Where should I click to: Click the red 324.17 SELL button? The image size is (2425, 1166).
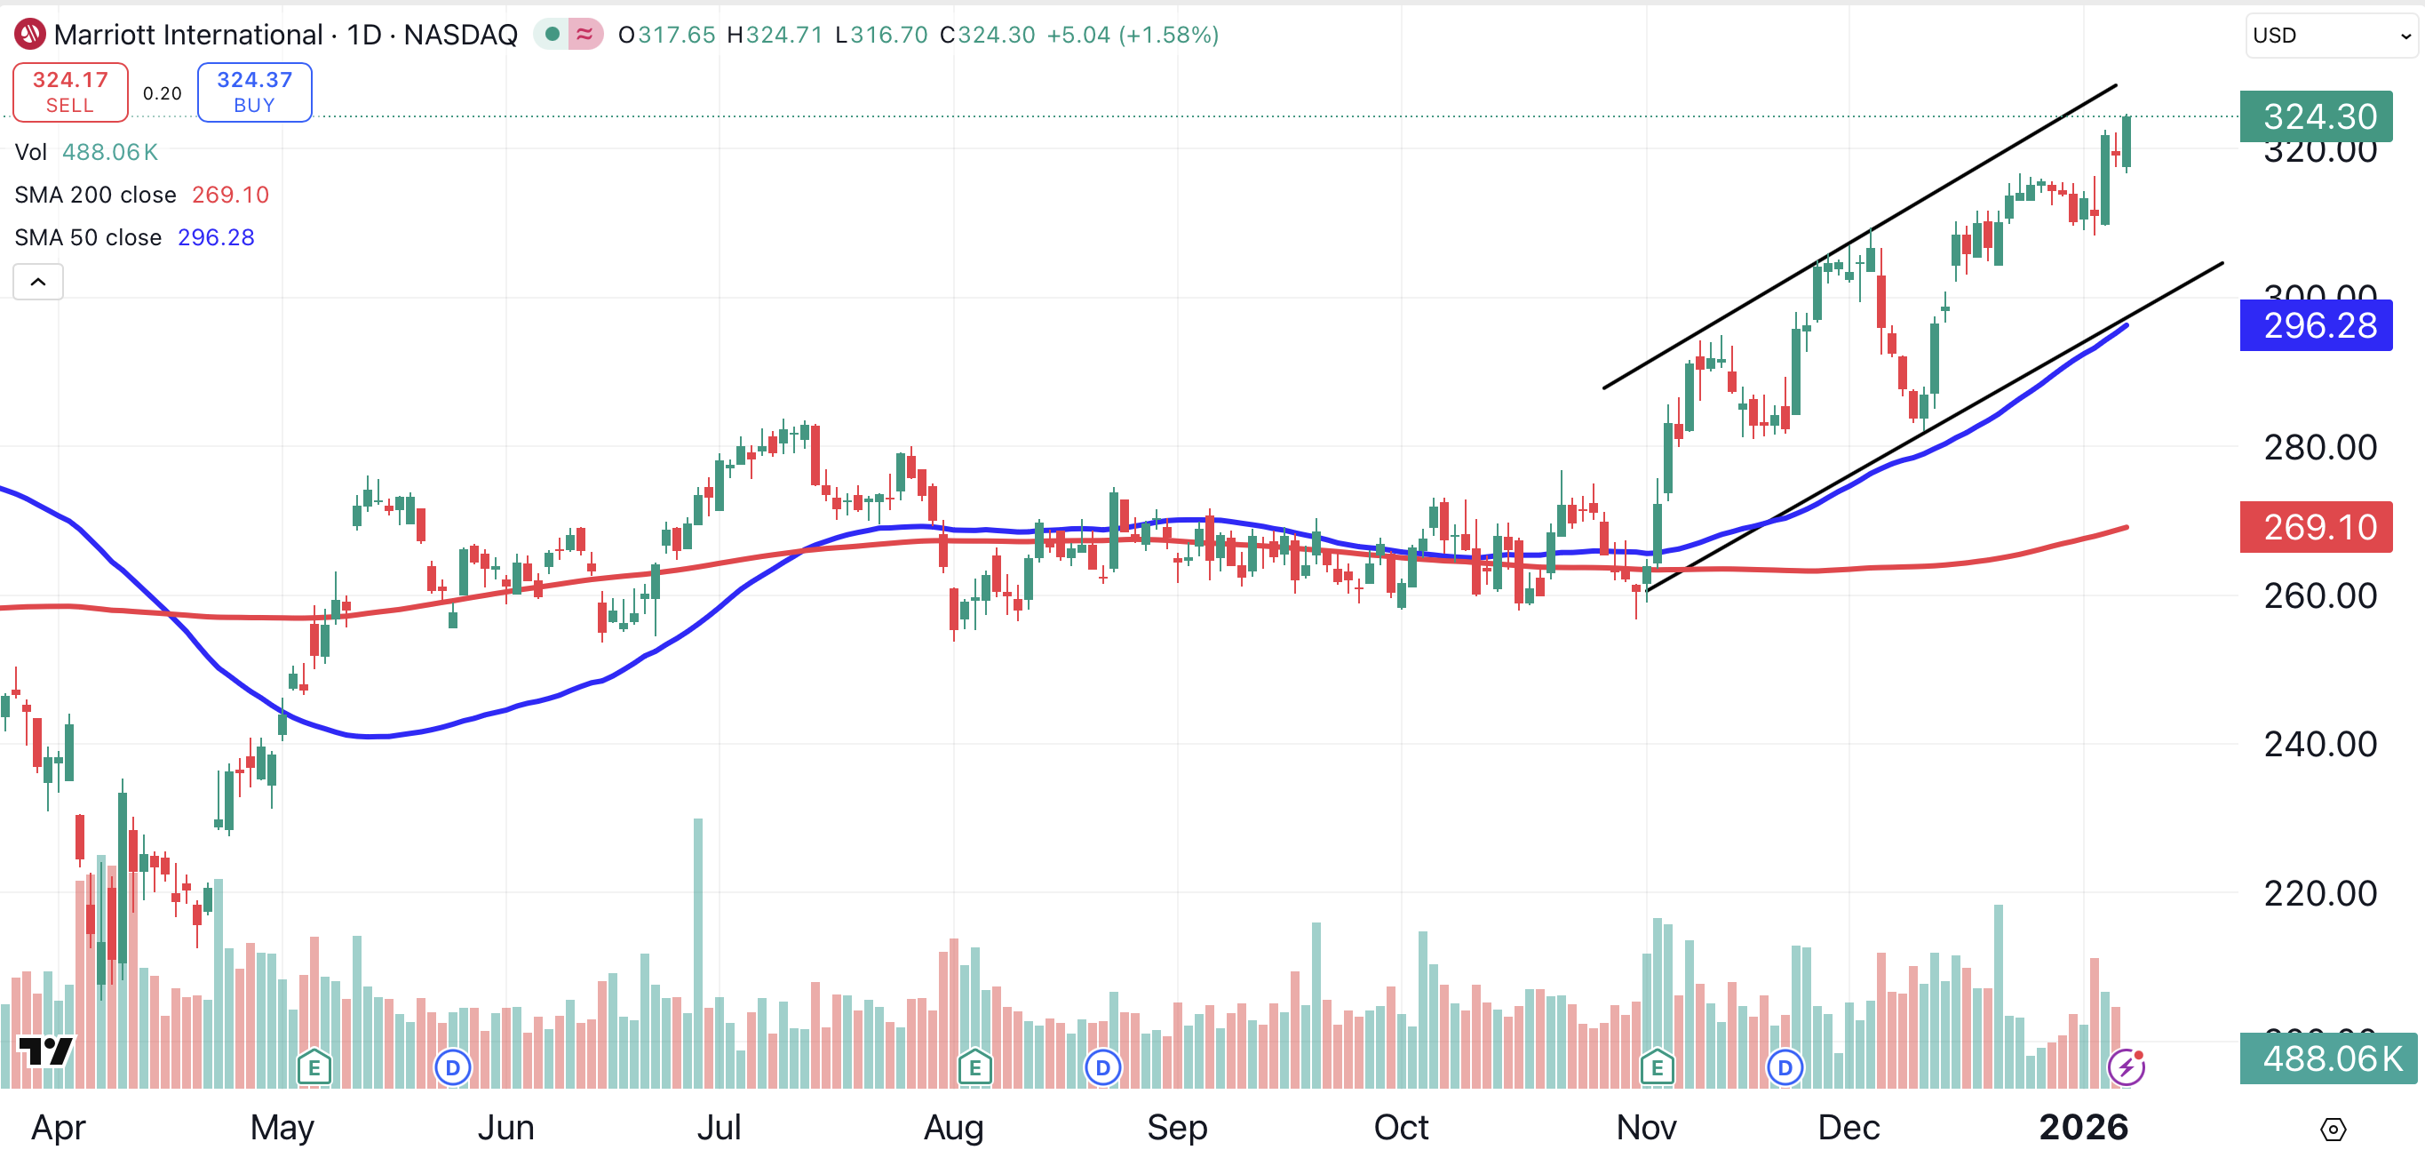click(70, 92)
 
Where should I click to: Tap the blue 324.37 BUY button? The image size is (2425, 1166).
click(254, 92)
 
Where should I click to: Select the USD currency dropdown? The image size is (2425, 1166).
click(2329, 36)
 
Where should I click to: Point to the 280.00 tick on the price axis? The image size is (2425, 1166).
click(2318, 447)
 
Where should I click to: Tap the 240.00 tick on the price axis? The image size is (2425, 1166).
click(2318, 745)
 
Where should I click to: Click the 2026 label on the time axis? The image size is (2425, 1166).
click(2082, 1128)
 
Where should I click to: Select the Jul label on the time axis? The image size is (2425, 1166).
click(720, 1128)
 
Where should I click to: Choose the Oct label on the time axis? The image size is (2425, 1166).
click(1401, 1128)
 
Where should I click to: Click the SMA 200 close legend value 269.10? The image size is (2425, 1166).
click(231, 195)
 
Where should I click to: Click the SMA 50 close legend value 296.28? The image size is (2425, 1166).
click(216, 237)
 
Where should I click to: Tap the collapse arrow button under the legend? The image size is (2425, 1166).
click(38, 282)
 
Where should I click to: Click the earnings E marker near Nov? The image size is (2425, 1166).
click(1657, 1068)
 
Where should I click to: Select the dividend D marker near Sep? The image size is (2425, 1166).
click(1102, 1068)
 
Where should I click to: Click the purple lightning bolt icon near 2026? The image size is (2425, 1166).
click(2126, 1067)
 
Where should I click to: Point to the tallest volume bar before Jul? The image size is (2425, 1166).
click(697, 951)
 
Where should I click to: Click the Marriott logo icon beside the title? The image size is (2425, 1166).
click(30, 35)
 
